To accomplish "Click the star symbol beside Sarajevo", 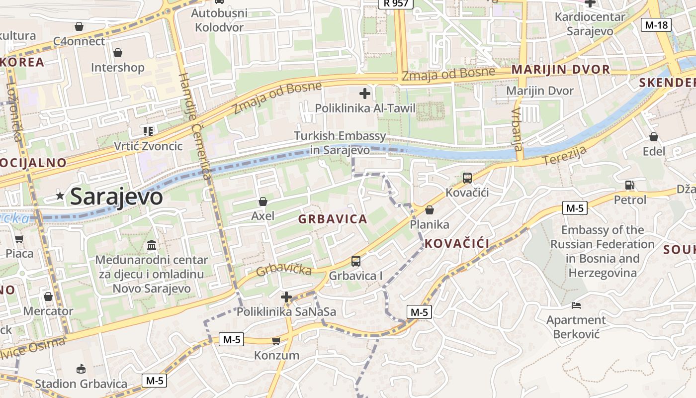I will (60, 196).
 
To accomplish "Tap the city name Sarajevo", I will (116, 197).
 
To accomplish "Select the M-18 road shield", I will (656, 25).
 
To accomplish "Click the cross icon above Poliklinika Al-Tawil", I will (365, 93).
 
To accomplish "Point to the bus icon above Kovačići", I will (467, 178).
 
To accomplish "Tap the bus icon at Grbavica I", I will (355, 261).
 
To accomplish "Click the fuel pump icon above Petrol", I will (629, 185).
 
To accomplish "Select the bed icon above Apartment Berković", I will (576, 305).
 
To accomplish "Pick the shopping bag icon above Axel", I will (262, 201).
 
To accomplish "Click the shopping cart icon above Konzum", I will (276, 341).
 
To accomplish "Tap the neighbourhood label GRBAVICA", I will (333, 219).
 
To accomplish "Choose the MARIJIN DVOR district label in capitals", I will (560, 69).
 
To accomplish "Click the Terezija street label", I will (565, 156).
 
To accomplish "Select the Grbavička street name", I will (284, 270).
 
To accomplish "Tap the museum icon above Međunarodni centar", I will (152, 245).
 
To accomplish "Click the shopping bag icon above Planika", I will (429, 210).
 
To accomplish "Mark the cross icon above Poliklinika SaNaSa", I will (286, 298).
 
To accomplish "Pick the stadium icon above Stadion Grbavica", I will (81, 369).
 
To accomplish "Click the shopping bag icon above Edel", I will (654, 137).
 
